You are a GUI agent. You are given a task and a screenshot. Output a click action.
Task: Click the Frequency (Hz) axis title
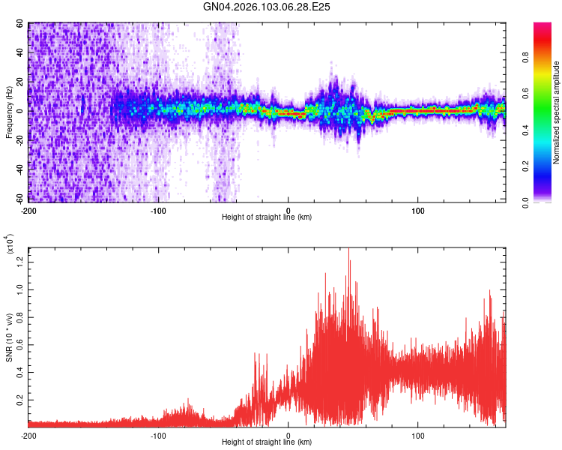(9, 112)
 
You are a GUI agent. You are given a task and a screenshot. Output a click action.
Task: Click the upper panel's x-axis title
(267, 217)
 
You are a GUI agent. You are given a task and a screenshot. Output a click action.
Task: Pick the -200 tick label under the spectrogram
(28, 209)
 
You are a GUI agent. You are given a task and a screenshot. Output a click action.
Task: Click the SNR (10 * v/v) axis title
(9, 337)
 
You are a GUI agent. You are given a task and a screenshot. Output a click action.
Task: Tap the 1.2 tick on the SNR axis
(19, 262)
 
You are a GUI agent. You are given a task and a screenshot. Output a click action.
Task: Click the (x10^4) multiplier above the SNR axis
(10, 244)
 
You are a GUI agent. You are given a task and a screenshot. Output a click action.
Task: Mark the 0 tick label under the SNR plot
(288, 435)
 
